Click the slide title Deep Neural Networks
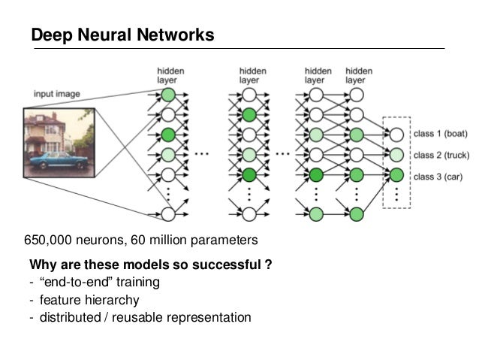[122, 35]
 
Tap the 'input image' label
[56, 94]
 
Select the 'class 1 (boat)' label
[441, 135]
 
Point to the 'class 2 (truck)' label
[443, 155]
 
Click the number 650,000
[50, 241]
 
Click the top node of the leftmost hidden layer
[168, 95]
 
